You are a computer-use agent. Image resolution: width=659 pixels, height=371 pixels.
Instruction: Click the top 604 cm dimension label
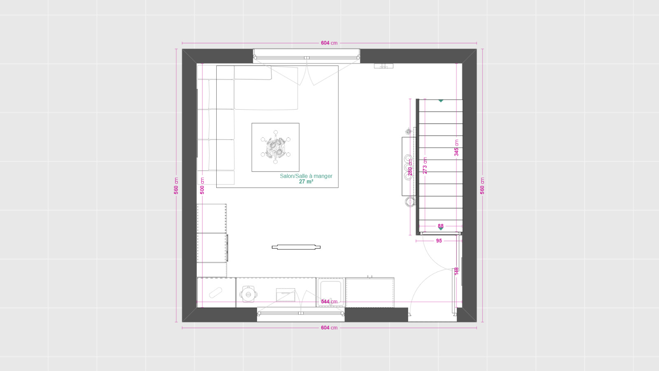(x=329, y=43)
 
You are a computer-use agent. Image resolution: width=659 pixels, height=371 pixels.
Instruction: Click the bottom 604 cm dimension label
(x=329, y=328)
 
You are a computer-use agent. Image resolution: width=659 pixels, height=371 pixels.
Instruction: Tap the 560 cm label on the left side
(x=176, y=186)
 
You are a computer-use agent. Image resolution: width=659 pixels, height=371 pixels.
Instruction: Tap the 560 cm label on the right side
(x=482, y=186)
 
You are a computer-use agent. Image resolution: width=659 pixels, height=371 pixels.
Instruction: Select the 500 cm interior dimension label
(x=202, y=186)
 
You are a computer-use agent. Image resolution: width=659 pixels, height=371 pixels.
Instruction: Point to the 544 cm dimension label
(x=329, y=302)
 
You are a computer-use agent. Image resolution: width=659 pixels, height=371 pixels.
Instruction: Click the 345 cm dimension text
(x=456, y=148)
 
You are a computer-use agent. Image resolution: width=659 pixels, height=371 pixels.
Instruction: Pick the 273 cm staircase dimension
(x=425, y=165)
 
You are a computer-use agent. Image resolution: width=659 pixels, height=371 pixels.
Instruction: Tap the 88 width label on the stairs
(x=441, y=226)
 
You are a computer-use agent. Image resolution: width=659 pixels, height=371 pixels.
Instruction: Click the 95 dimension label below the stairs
(x=439, y=241)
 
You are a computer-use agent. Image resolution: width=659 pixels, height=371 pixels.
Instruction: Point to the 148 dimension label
(x=456, y=271)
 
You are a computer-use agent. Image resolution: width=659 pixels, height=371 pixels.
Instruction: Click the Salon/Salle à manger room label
(x=306, y=176)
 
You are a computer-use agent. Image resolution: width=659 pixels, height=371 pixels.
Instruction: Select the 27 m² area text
(x=306, y=182)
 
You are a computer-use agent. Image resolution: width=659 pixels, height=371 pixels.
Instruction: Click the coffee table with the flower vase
(x=276, y=147)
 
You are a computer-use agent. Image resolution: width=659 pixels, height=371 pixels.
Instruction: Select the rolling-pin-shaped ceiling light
(x=296, y=247)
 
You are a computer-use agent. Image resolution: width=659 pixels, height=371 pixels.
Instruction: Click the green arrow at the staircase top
(x=441, y=101)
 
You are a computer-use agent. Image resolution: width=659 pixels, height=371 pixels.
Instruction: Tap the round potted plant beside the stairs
(x=410, y=202)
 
